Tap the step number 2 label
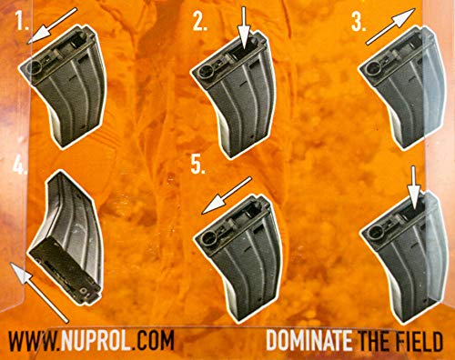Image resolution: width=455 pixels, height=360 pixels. click(200, 25)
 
